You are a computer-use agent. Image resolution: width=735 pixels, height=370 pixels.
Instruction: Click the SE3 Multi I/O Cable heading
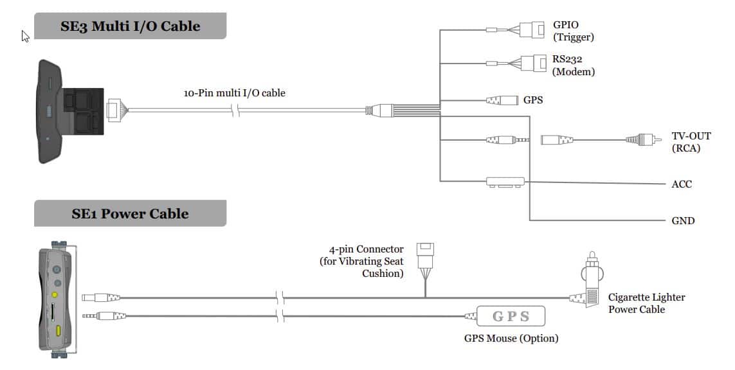130,26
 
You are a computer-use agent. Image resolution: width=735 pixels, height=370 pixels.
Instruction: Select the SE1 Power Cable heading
130,213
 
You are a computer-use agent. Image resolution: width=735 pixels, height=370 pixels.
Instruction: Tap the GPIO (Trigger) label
573,31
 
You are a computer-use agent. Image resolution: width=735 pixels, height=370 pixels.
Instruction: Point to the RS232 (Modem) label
573,66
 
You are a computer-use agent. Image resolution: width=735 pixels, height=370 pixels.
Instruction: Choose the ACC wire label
682,184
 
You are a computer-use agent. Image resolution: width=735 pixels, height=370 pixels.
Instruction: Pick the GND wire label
683,221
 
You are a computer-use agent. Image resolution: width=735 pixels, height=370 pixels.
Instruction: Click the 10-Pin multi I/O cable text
234,93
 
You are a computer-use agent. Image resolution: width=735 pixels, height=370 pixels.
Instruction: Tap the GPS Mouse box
511,316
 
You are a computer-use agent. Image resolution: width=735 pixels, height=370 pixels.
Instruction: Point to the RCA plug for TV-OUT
641,139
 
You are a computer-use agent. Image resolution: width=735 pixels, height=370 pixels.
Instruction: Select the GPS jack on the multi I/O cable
502,100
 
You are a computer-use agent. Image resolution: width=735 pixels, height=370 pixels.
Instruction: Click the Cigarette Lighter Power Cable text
646,303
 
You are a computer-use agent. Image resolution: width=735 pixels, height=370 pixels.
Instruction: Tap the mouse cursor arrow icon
25,36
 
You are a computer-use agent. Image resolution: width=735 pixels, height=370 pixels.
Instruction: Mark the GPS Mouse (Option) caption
511,338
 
